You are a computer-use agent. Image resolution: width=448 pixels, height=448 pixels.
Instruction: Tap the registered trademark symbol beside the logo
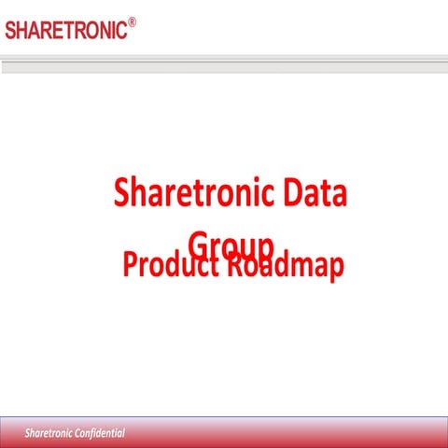point(132,21)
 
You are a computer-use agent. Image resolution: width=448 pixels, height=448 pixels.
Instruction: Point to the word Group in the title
point(230,244)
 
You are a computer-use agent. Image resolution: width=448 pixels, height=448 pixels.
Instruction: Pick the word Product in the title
point(168,265)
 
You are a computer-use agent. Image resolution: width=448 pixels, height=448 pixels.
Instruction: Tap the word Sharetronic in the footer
point(48,434)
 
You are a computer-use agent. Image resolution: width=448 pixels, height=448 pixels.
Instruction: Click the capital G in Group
point(197,244)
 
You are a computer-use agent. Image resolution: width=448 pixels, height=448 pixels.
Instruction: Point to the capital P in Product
point(130,265)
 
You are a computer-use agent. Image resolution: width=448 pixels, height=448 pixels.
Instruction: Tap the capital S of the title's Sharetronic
point(121,195)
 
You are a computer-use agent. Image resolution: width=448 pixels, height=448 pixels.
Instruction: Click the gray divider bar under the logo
point(224,66)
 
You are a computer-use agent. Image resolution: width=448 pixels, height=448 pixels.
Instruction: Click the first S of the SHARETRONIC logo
point(10,30)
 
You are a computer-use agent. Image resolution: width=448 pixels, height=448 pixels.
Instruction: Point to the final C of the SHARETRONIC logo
point(120,30)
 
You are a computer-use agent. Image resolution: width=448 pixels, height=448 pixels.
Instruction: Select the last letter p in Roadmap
point(335,269)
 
